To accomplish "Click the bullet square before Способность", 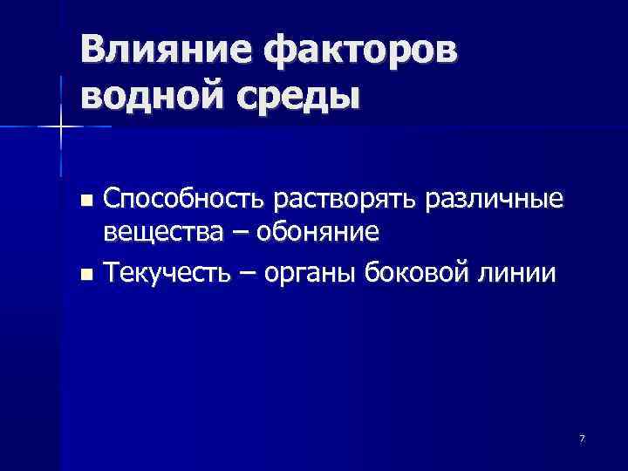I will click(85, 201).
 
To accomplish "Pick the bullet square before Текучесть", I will click(85, 275).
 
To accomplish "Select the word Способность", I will click(184, 201).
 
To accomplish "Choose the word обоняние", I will click(315, 234).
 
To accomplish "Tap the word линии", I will click(522, 274).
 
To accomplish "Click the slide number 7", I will click(582, 437).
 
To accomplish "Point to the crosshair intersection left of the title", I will click(60, 127).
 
